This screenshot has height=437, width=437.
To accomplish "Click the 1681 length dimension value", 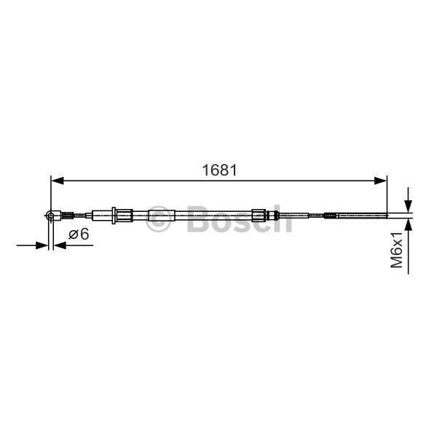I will pyautogui.click(x=219, y=170).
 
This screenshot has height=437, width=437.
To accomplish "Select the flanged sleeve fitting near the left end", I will pyautogui.click(x=121, y=215).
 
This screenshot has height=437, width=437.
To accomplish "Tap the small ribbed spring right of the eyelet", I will pyautogui.click(x=66, y=215).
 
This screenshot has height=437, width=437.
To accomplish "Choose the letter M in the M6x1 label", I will pyautogui.click(x=397, y=264).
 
